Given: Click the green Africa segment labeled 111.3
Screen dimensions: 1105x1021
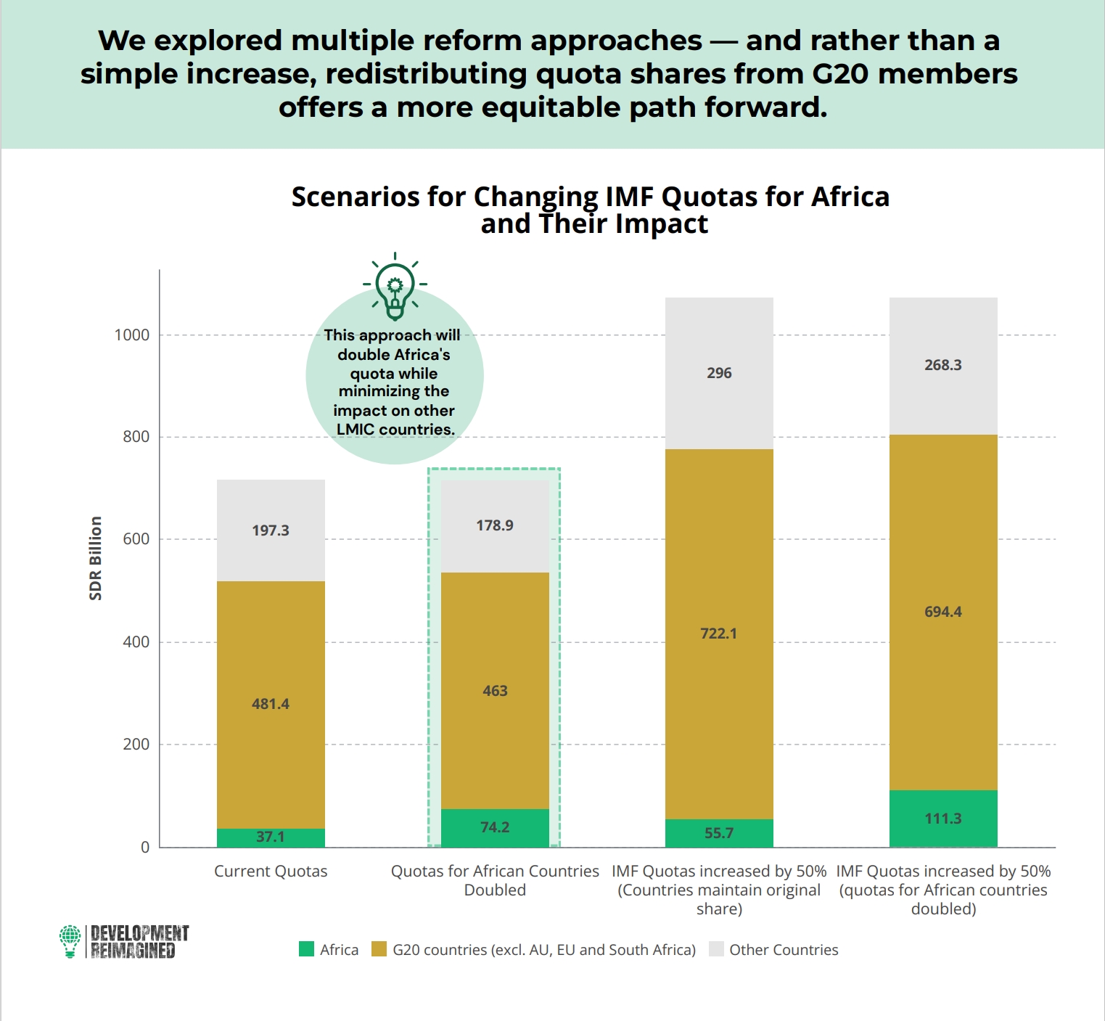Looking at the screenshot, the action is [x=943, y=819].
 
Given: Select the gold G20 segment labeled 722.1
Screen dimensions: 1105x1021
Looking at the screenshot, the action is [x=719, y=634].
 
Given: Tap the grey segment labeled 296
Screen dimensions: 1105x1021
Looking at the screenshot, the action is [x=719, y=373].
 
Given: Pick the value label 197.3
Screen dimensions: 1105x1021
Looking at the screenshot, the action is [x=271, y=530].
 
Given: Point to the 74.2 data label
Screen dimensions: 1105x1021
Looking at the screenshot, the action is [x=495, y=827].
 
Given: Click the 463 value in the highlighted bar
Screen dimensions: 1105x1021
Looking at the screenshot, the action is [x=495, y=691].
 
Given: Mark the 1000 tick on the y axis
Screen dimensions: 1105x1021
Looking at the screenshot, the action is [x=132, y=335].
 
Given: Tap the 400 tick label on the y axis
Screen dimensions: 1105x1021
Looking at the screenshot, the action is [x=136, y=642].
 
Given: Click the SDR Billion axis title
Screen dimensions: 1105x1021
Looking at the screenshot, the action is [x=96, y=559].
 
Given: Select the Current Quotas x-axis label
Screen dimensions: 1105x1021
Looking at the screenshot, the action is [x=271, y=872].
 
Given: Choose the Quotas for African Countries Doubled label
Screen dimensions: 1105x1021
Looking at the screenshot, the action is [x=495, y=880].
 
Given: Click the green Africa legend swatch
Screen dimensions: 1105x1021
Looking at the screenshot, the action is [x=306, y=949].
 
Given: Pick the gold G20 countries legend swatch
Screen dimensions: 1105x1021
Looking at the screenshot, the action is [x=379, y=949].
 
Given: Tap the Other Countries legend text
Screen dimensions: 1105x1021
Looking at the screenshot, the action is [x=784, y=950].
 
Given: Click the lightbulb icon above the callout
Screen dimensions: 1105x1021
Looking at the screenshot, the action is [x=395, y=287].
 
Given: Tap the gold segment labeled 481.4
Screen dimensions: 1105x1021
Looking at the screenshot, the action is [x=271, y=705].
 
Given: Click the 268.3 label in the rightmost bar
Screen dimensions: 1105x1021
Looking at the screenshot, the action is [x=943, y=365].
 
